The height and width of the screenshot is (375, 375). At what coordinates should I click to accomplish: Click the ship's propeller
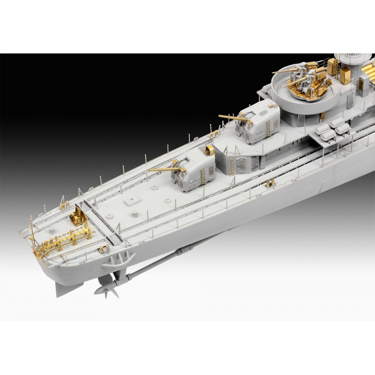click(107, 288)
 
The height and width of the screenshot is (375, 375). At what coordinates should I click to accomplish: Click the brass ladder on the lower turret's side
click(203, 176)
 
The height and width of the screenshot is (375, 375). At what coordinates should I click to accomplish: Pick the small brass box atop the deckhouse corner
click(210, 150)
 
